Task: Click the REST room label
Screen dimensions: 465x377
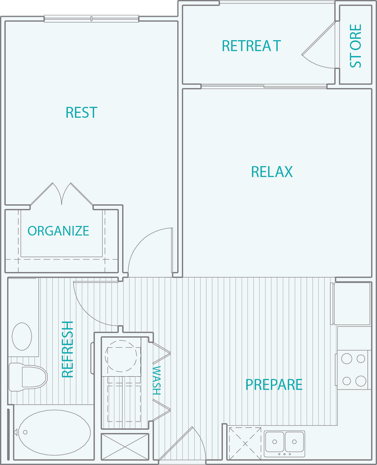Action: [x=81, y=112]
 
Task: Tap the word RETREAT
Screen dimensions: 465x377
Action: [x=251, y=46]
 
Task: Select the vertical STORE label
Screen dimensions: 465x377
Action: [x=356, y=46]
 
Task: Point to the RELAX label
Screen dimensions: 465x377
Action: [x=272, y=172]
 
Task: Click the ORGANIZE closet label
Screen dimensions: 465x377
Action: [x=59, y=231]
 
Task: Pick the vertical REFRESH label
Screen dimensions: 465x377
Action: [x=68, y=349]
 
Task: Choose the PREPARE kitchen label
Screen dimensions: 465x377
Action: [x=274, y=384]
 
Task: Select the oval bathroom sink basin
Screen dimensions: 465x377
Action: [x=22, y=336]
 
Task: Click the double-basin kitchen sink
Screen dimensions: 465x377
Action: [x=284, y=441]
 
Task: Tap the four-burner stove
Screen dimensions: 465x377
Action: [x=353, y=370]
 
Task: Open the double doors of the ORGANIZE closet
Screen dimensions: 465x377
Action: [x=62, y=194]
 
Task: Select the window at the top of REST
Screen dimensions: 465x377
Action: [x=91, y=19]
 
